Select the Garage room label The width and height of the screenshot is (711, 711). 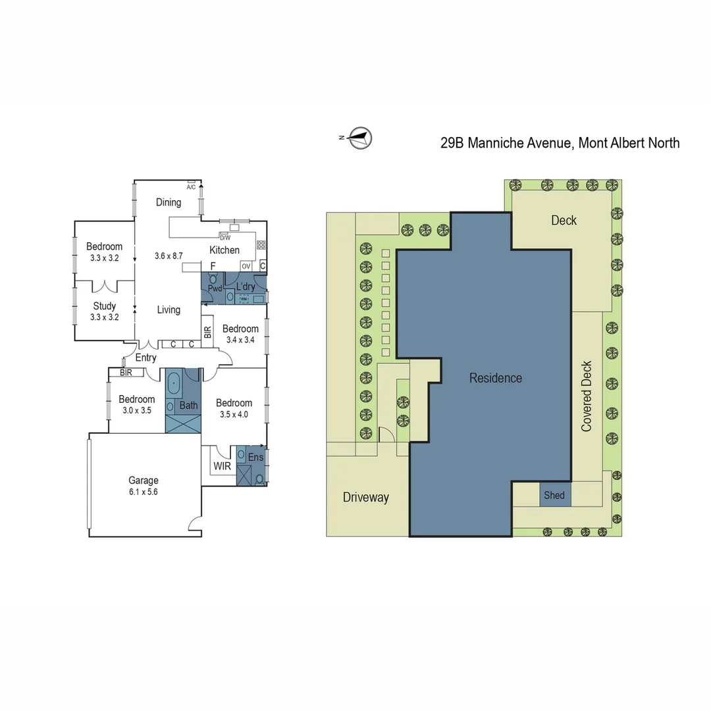144,481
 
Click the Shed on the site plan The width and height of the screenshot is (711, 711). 554,495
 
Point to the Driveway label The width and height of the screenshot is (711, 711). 365,497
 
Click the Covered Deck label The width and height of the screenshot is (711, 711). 587,396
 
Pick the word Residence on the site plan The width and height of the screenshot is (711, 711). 495,378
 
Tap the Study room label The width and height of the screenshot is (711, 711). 104,305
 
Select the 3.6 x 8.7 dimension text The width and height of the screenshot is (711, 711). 168,255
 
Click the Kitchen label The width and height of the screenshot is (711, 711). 224,250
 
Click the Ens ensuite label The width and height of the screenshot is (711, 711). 256,456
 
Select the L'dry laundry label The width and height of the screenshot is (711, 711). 245,287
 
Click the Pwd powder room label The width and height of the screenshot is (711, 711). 215,288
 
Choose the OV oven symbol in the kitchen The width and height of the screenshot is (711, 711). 246,266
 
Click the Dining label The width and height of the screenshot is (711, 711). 169,202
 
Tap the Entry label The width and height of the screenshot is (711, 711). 145,357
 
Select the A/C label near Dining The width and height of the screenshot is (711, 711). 191,187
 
